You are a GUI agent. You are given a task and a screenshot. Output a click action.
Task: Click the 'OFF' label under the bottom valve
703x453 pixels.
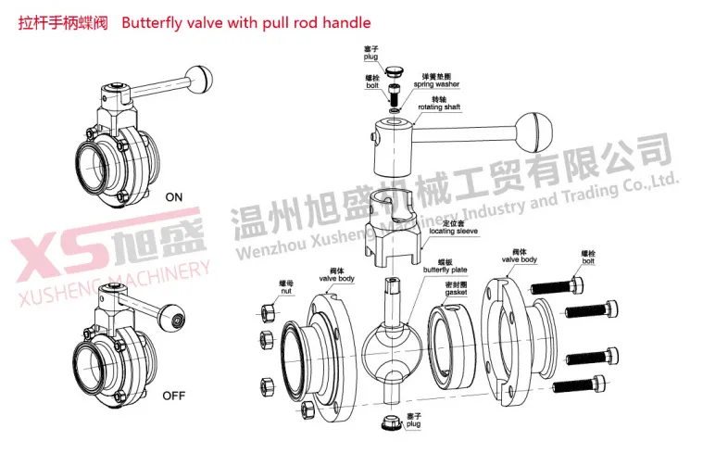(174, 396)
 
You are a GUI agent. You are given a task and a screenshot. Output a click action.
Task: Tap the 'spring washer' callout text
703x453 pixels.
(436, 84)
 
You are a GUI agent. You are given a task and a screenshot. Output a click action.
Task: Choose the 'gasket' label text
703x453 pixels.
(454, 292)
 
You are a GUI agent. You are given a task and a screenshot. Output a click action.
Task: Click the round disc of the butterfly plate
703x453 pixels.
(390, 347)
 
